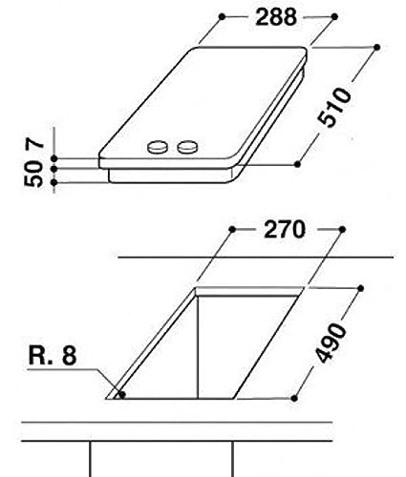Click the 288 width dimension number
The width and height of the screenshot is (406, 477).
277,17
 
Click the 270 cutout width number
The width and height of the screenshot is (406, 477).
285,230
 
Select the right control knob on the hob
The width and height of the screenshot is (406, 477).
188,149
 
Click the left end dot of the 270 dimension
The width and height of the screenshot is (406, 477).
235,230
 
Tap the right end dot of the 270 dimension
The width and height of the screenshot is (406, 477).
341,230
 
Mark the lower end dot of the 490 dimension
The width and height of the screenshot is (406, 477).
297,397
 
